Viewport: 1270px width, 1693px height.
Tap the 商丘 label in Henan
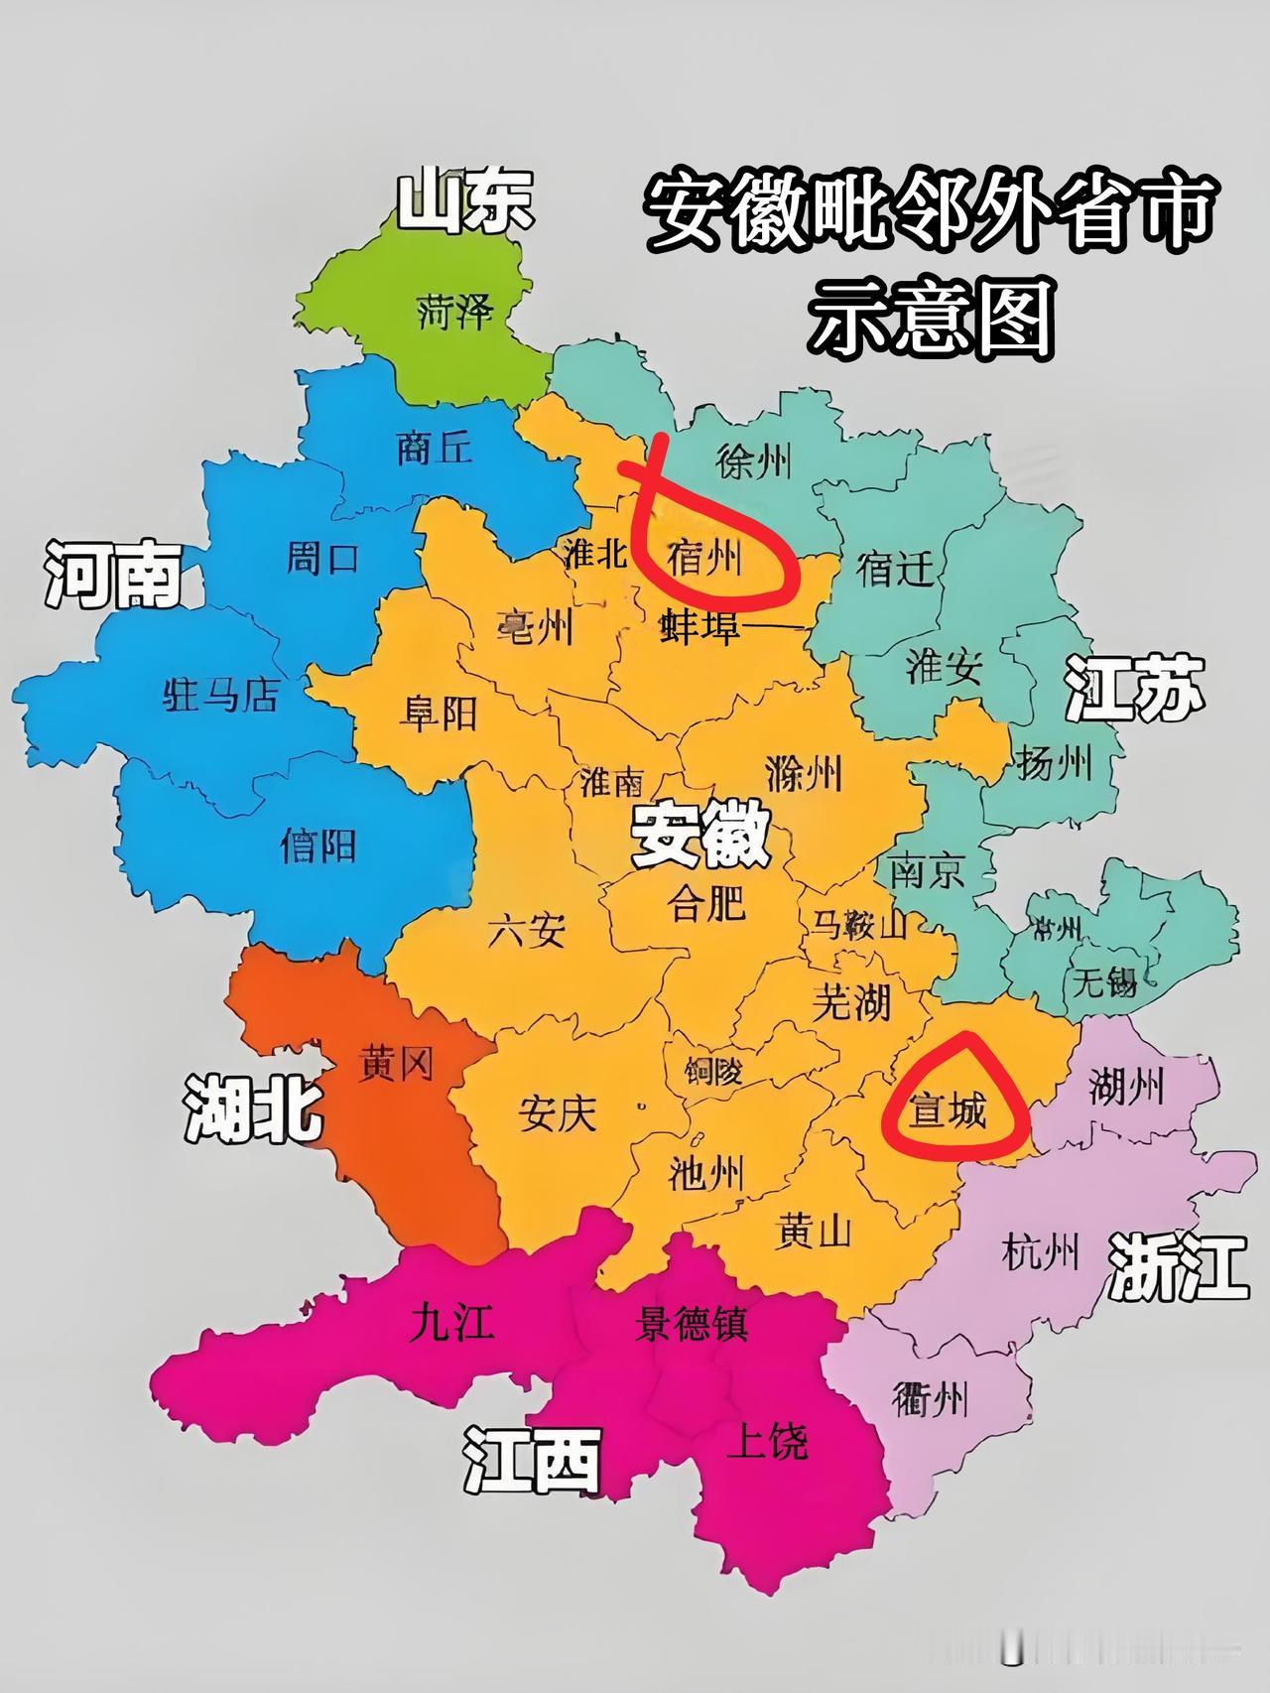pyautogui.click(x=434, y=447)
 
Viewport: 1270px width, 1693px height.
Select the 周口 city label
pyautogui.click(x=321, y=559)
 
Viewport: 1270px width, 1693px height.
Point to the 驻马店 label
pyautogui.click(x=220, y=696)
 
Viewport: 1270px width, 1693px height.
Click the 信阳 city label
pyautogui.click(x=318, y=846)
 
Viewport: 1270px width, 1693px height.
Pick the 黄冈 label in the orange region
pyautogui.click(x=395, y=1065)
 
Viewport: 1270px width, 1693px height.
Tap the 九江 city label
pyautogui.click(x=451, y=1323)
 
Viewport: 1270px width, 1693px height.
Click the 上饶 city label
pyautogui.click(x=767, y=1440)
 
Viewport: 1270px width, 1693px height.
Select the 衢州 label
pyautogui.click(x=930, y=1400)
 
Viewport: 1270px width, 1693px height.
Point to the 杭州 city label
pyautogui.click(x=1040, y=1252)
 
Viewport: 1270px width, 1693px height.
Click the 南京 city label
pyautogui.click(x=928, y=871)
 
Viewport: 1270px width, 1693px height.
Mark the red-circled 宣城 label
pyautogui.click(x=950, y=1110)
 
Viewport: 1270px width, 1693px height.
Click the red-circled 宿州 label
pyautogui.click(x=705, y=559)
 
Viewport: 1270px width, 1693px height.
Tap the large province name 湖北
pyautogui.click(x=253, y=1107)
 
